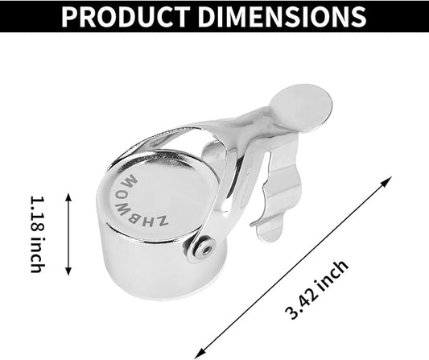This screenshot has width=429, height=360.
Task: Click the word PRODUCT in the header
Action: (x=126, y=16)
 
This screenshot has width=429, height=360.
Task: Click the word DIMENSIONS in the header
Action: (x=282, y=16)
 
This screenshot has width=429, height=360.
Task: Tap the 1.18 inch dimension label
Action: (x=37, y=234)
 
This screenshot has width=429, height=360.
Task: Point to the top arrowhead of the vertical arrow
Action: (x=68, y=196)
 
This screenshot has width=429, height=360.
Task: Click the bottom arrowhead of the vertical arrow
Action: (x=68, y=272)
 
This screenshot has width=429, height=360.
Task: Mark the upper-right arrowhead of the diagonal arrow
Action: (x=388, y=180)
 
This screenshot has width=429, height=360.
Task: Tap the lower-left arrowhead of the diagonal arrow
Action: (x=198, y=354)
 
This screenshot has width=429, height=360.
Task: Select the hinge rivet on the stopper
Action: (x=207, y=249)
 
